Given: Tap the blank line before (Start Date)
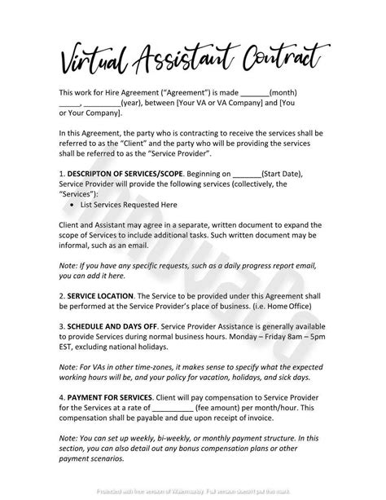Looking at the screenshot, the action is (x=248, y=173).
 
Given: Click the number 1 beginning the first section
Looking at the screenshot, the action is (x=61, y=173).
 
